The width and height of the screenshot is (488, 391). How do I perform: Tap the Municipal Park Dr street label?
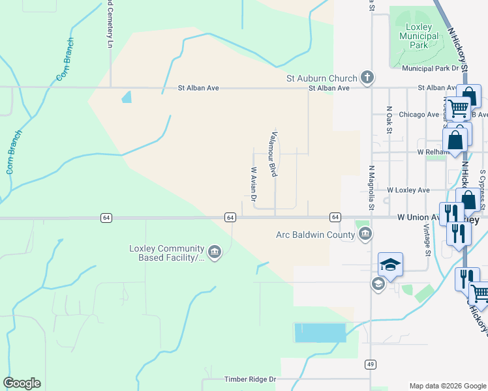[x=431, y=68]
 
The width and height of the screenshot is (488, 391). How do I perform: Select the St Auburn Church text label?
[x=322, y=78]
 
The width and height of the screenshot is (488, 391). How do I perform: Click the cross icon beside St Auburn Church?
[x=367, y=78]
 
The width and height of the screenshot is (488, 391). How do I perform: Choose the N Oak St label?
[x=389, y=120]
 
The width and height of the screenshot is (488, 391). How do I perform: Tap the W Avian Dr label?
[x=254, y=183]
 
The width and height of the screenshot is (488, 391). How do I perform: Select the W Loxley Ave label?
[x=408, y=190]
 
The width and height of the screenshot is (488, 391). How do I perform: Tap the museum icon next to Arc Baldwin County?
[x=365, y=233]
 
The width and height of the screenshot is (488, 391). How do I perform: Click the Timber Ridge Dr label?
[x=251, y=379]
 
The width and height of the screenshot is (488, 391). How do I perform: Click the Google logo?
[x=22, y=383]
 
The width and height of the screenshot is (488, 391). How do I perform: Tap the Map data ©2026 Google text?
[x=448, y=386]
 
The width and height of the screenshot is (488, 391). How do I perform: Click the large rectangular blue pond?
[x=320, y=332]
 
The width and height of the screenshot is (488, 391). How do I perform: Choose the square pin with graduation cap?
[x=390, y=264]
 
